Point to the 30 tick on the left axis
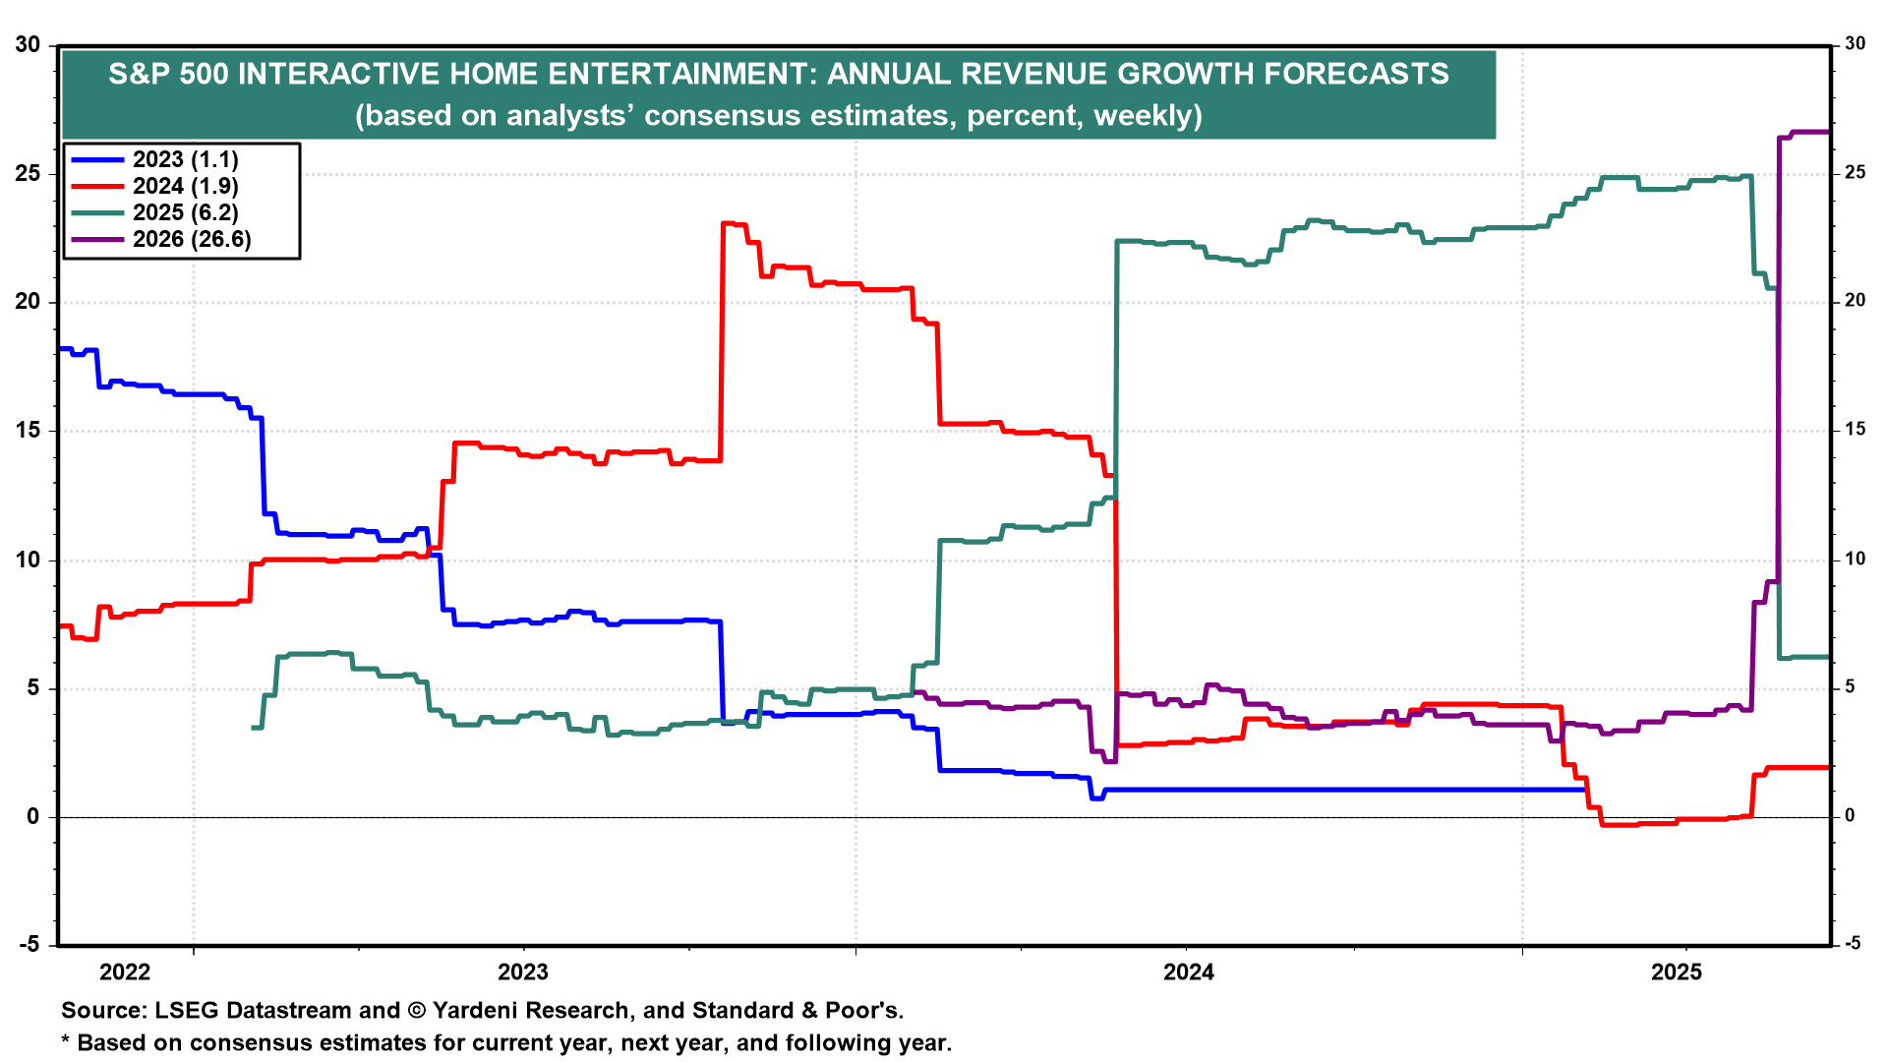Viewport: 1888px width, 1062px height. [x=28, y=45]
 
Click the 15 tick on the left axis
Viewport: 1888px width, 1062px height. [x=28, y=431]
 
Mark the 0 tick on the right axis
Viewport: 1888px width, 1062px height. [x=1850, y=816]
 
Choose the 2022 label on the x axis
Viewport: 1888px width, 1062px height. [x=125, y=973]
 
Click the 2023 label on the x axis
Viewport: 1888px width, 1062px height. [x=523, y=973]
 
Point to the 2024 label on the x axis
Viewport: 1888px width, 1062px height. [x=1189, y=973]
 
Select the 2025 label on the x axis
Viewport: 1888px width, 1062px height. [x=1677, y=973]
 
